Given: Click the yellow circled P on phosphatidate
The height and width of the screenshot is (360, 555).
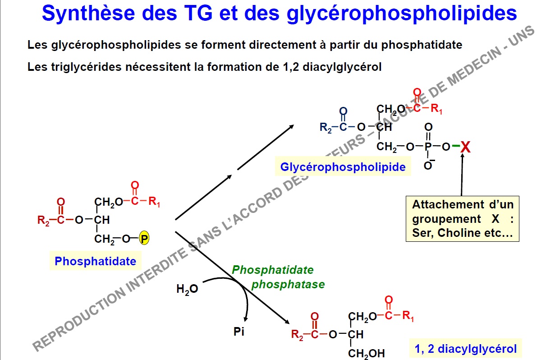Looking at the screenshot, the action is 144,238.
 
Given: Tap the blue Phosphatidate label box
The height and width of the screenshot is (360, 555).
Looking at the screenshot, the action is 96,261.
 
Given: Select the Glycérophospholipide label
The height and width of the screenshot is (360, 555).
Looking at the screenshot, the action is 343,166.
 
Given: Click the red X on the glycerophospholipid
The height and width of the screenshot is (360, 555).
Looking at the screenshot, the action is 465,147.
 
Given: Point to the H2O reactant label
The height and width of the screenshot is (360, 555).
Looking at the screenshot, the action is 187,289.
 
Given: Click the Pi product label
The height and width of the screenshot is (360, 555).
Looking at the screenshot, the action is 239,332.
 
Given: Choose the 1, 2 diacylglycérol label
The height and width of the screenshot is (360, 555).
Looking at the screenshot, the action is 466,349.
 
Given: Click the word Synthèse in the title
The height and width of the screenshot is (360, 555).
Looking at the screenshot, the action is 88,13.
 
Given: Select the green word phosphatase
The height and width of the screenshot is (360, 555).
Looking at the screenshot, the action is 288,285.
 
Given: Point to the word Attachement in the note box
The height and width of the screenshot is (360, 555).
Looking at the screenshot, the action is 448,205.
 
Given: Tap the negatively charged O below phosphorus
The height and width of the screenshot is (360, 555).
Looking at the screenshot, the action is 428,165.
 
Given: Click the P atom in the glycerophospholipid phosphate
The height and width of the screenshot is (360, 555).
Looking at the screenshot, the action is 428,147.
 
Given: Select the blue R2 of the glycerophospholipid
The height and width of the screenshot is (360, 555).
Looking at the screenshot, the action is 326,128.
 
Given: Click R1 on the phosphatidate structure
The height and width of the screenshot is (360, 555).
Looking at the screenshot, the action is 154,202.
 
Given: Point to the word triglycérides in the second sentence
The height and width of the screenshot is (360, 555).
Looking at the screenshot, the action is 86,67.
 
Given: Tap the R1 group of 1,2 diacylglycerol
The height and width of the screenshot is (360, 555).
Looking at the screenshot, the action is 408,316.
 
